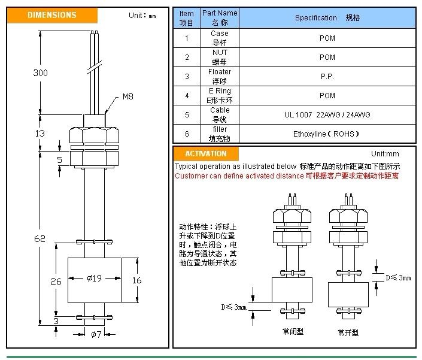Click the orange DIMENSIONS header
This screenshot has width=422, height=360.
(x=52, y=15)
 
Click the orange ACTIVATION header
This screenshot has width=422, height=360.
(x=205, y=154)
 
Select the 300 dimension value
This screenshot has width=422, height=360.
(x=41, y=73)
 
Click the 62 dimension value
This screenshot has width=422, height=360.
(x=40, y=238)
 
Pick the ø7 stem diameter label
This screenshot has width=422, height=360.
(x=96, y=334)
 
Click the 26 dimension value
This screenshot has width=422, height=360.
(x=54, y=281)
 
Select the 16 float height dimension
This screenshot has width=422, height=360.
(x=136, y=280)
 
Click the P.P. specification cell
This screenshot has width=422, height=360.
(x=327, y=76)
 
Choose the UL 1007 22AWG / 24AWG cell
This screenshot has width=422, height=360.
(x=327, y=114)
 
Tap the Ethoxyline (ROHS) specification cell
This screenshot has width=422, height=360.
(x=327, y=134)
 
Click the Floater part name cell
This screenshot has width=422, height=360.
(x=220, y=76)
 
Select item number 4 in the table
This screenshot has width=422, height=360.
(x=187, y=95)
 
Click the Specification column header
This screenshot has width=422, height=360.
(x=327, y=18)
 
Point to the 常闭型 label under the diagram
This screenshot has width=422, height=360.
(x=294, y=331)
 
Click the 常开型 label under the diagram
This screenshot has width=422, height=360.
(x=348, y=332)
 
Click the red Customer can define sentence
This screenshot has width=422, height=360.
(x=287, y=176)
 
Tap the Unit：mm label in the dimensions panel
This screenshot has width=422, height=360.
(x=142, y=16)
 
